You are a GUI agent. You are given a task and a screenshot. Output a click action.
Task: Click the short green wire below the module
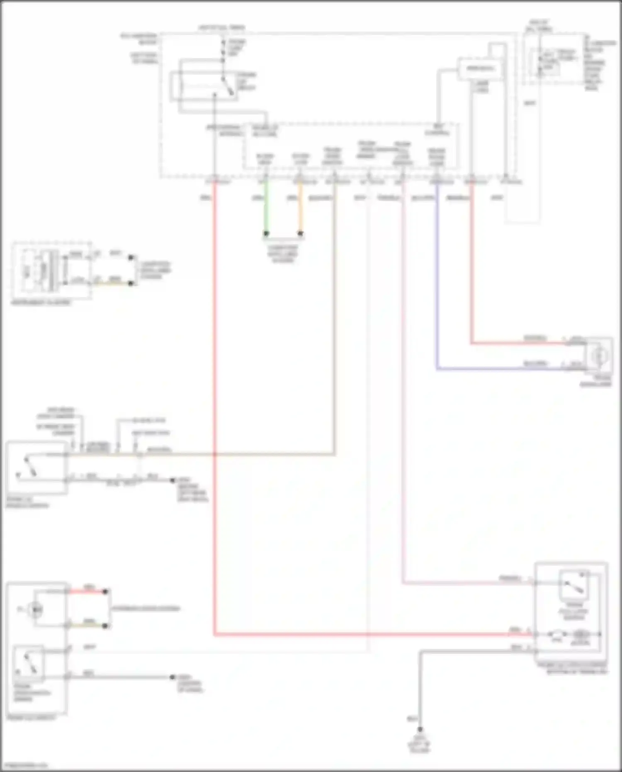coord(266,207)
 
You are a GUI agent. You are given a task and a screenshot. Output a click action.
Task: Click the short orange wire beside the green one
coord(301,207)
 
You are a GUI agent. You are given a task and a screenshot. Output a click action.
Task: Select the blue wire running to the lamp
coord(436,290)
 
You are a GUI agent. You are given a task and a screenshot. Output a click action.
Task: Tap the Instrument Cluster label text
coord(41,302)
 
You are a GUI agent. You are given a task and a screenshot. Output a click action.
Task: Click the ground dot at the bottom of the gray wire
coord(420,730)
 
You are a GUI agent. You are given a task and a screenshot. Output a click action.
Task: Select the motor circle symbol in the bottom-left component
coord(36,609)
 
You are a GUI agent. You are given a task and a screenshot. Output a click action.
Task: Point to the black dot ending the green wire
coord(266,234)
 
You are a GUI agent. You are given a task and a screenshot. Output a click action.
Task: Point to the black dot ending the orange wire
coord(301,234)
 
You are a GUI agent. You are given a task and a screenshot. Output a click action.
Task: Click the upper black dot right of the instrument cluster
coord(131,258)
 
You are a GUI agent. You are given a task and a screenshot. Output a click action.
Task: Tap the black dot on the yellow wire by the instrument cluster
coord(131,283)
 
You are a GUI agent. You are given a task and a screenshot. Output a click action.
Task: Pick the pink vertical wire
coord(403,373)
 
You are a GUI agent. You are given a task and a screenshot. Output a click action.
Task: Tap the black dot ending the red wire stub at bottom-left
coord(105,592)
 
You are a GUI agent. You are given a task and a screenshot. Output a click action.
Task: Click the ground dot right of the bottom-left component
coord(173,677)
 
